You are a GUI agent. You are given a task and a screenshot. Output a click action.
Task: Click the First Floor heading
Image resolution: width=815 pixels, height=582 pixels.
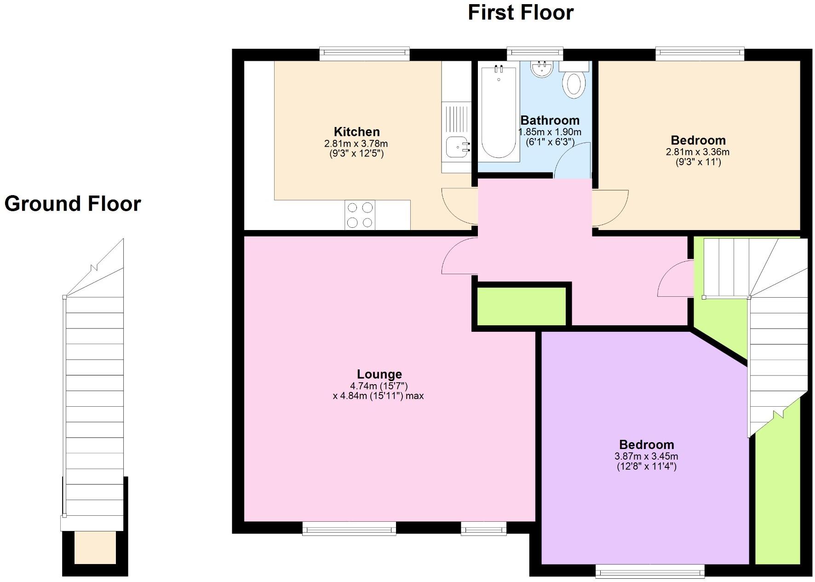pyautogui.click(x=520, y=12)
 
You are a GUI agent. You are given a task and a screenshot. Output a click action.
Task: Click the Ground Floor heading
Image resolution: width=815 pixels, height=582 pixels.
pyautogui.click(x=73, y=204)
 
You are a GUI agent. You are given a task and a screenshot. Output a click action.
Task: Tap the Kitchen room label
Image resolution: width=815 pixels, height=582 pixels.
pyautogui.click(x=356, y=132)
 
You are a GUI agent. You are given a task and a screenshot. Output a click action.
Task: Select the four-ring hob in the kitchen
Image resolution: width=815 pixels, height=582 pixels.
pyautogui.click(x=360, y=215)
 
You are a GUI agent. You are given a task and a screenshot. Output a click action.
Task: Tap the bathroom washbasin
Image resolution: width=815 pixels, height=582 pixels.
pyautogui.click(x=541, y=69)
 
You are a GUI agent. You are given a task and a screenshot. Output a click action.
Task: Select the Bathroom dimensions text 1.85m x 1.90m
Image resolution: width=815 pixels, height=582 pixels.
pyautogui.click(x=550, y=133)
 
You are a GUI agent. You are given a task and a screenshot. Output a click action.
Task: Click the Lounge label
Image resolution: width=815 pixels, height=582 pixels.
pyautogui.click(x=379, y=375)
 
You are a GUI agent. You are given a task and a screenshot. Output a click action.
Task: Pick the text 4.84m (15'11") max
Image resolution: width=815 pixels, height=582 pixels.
pyautogui.click(x=378, y=396)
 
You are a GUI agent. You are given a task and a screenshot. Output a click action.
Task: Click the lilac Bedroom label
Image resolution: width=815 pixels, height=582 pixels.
pyautogui.click(x=646, y=445)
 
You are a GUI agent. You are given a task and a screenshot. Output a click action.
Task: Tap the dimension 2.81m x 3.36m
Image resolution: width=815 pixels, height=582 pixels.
pyautogui.click(x=697, y=152)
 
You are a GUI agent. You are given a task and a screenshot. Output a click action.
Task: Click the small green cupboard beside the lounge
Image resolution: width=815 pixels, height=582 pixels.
pyautogui.click(x=521, y=306)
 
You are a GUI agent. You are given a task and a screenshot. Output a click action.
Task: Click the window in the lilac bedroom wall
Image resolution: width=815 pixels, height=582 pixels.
pyautogui.click(x=649, y=571)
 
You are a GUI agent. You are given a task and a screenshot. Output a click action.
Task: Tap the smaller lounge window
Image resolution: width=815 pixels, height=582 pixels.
pyautogui.click(x=483, y=529)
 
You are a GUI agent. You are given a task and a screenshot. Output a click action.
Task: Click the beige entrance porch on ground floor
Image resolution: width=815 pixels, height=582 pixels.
pyautogui.click(x=95, y=547)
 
